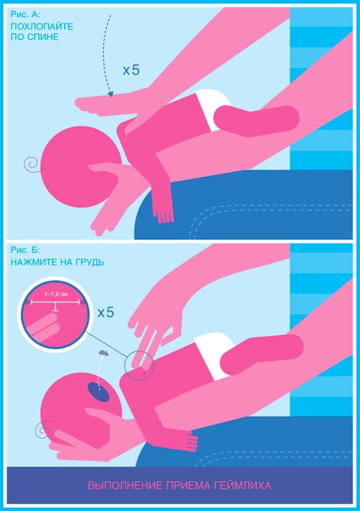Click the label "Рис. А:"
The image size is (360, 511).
[x=25, y=15]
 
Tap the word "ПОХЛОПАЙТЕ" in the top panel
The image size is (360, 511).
[x=41, y=26]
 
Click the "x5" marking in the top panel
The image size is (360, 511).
[x=131, y=70]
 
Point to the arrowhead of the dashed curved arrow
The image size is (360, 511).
[x=110, y=94]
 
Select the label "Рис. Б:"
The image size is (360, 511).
[x=25, y=250]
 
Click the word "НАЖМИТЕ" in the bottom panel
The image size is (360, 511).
[x=31, y=262]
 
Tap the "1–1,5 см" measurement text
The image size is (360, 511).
[x=56, y=294]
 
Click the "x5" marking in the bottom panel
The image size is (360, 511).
[x=106, y=312]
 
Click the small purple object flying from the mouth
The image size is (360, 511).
[x=103, y=353]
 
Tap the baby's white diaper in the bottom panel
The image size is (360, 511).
[x=213, y=355]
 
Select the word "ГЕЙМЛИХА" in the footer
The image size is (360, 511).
[x=242, y=486]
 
